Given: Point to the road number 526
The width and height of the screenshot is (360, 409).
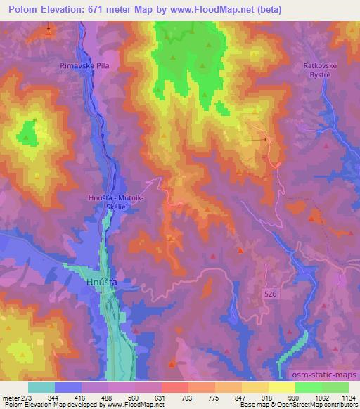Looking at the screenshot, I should [271, 292].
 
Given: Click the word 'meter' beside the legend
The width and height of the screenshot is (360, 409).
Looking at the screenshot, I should [9, 398].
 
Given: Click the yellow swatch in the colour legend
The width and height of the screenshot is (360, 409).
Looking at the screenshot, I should [281, 387].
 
